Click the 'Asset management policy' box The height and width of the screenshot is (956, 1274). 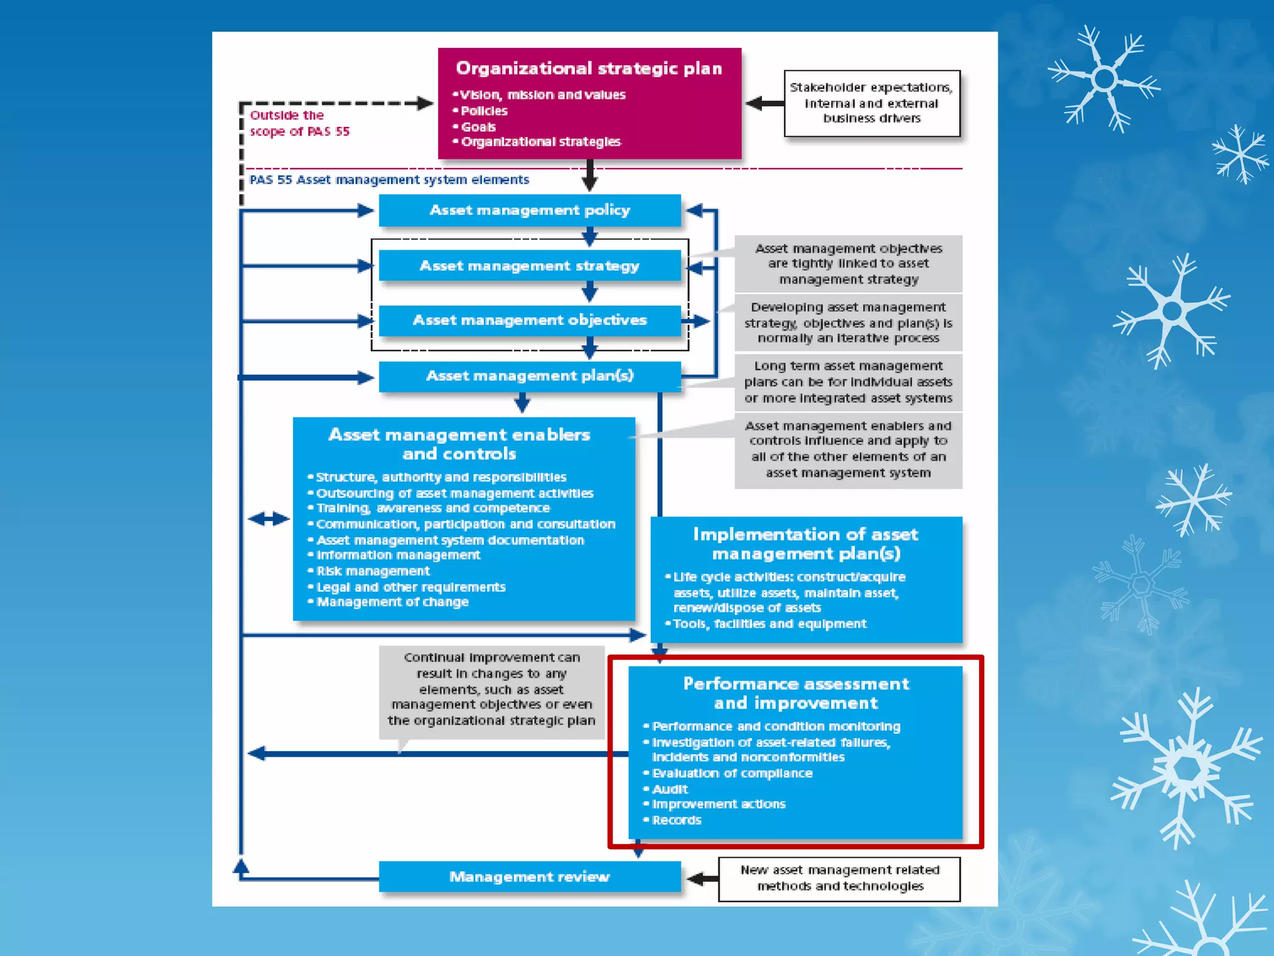(x=529, y=210)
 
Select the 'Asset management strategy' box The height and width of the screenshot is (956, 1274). (x=529, y=266)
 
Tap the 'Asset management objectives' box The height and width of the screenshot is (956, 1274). (x=529, y=321)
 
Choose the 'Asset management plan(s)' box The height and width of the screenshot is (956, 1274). (x=529, y=376)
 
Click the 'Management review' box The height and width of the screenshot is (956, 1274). (x=529, y=877)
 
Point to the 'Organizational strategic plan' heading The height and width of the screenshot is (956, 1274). (x=588, y=68)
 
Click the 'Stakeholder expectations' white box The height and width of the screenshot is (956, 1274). (x=872, y=103)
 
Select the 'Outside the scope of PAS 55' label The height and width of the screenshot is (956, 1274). (x=299, y=123)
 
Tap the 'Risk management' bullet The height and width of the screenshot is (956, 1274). (x=373, y=571)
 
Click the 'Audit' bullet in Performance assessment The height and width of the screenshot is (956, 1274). (x=669, y=789)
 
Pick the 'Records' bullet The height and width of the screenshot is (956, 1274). (x=676, y=820)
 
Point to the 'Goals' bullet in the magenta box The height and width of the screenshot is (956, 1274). (x=478, y=127)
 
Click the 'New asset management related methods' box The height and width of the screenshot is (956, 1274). (x=839, y=878)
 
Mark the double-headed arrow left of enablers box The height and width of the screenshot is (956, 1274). (x=269, y=518)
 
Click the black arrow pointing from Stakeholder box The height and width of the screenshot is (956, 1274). (x=765, y=103)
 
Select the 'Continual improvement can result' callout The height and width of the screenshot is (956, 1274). (x=491, y=690)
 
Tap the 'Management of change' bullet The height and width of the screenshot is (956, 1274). (x=392, y=602)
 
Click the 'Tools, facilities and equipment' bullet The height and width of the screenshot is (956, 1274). (x=770, y=624)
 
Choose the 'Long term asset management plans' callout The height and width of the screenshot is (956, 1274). (x=848, y=382)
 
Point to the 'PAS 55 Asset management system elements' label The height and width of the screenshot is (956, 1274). (x=389, y=180)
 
